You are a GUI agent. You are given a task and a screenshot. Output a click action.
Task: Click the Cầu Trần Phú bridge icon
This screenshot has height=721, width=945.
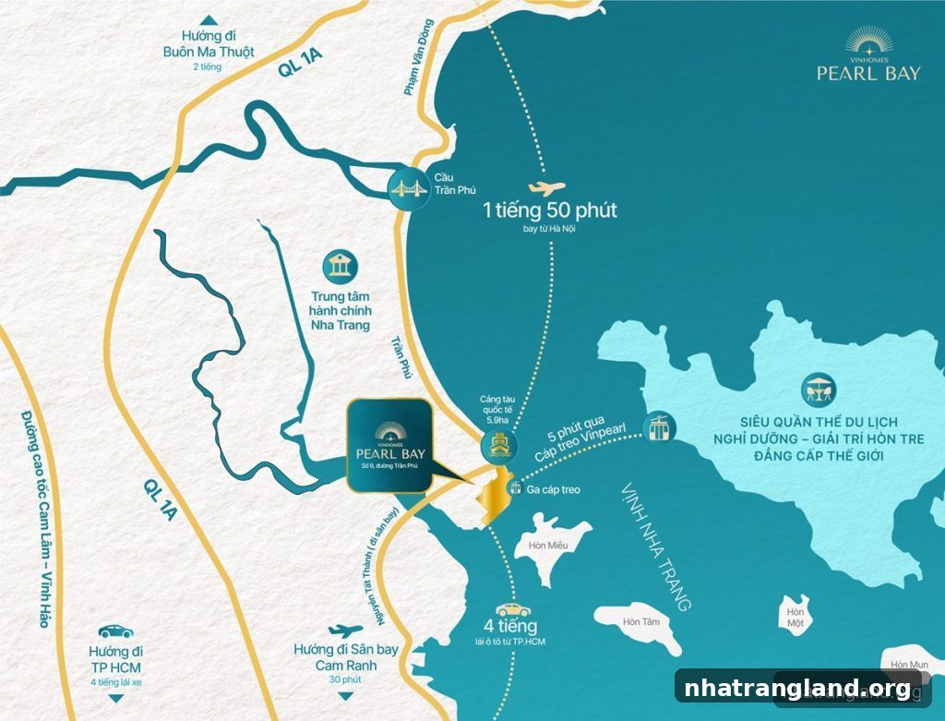[x=407, y=188]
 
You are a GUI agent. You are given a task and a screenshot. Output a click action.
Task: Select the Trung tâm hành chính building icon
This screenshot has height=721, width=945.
[x=340, y=268]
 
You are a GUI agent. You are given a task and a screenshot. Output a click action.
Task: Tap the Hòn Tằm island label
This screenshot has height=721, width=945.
[x=638, y=621]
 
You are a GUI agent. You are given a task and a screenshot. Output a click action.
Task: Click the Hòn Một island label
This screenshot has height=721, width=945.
[x=793, y=618]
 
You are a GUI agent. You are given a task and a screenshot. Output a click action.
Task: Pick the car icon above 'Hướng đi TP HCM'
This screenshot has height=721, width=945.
[x=114, y=631]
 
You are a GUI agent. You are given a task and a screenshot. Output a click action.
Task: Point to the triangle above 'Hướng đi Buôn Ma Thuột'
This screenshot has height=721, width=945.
[x=210, y=20]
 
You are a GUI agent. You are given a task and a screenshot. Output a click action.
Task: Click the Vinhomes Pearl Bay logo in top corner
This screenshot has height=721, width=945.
[x=868, y=57]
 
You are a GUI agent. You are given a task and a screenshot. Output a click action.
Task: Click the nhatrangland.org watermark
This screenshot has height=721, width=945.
[x=797, y=688]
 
